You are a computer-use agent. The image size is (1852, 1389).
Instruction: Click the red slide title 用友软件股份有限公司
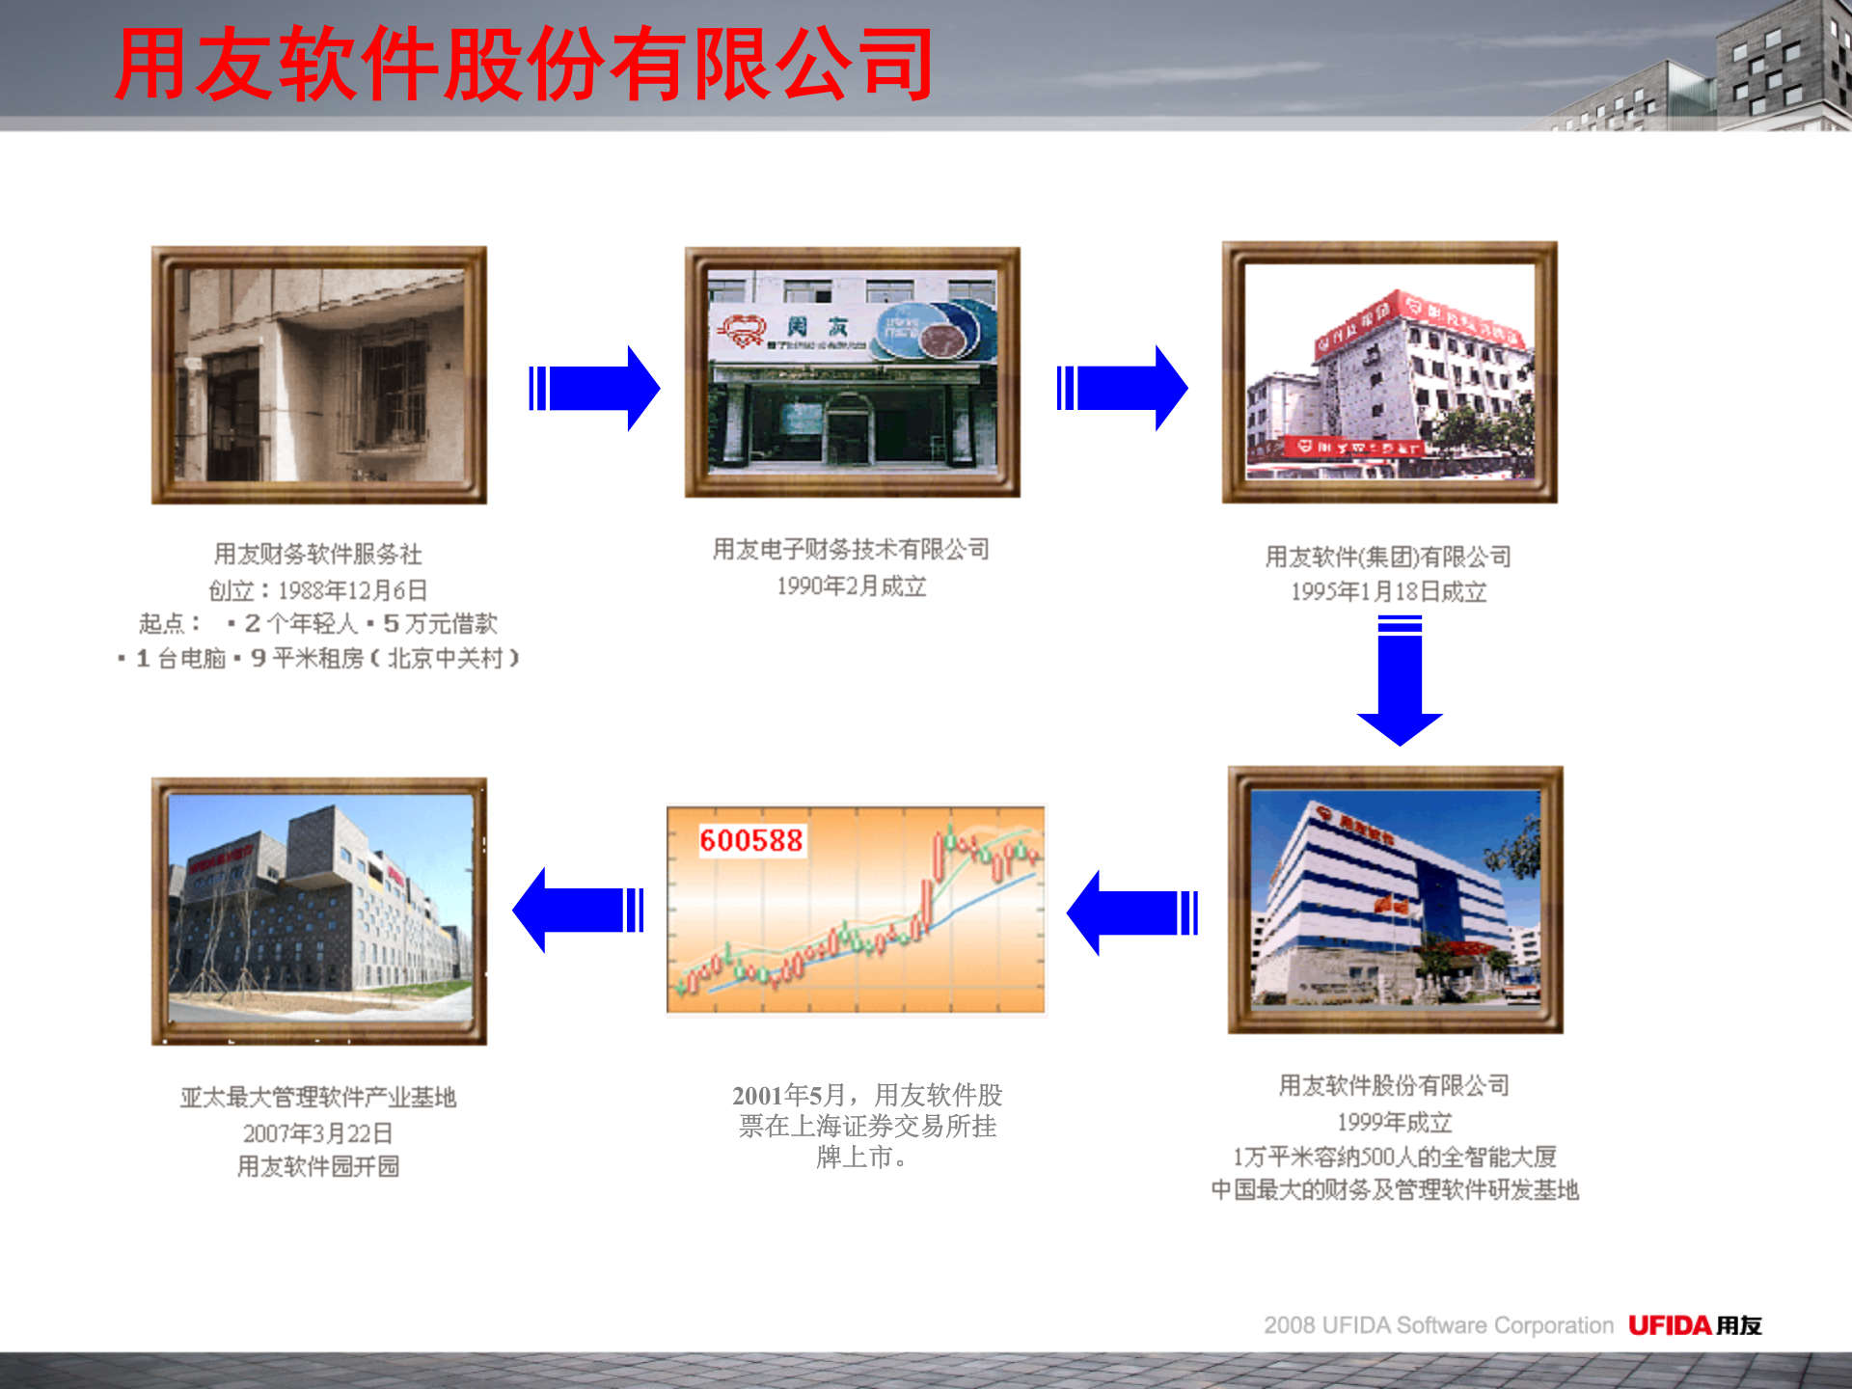(524, 66)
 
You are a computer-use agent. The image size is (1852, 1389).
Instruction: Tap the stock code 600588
(750, 840)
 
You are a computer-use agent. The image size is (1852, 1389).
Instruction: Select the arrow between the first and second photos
(594, 388)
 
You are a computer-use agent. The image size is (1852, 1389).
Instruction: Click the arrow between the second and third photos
(1122, 388)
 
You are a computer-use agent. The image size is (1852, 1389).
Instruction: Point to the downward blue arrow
(1400, 681)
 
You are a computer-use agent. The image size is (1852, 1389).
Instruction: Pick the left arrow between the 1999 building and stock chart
(1132, 912)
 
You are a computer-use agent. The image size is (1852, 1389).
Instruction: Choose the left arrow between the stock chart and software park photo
(578, 910)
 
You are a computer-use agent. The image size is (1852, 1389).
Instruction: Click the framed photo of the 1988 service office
(319, 375)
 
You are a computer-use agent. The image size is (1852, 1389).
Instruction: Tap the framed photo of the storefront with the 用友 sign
(852, 372)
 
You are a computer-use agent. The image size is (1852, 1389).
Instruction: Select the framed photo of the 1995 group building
(1389, 372)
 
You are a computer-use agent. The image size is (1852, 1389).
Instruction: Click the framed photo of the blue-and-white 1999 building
(1395, 899)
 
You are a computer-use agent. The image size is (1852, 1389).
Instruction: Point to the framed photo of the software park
(319, 911)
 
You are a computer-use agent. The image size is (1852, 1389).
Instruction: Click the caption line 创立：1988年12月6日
(318, 589)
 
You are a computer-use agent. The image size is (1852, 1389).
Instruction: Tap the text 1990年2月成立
(851, 586)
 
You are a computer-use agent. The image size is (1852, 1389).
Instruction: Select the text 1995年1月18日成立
(1388, 591)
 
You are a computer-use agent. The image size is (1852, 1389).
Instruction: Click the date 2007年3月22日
(317, 1132)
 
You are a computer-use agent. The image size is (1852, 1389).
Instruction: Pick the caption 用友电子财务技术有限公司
(851, 550)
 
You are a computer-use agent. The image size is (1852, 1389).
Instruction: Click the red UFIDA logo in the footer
(1670, 1325)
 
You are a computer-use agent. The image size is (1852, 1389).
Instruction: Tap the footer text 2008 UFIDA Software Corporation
(1438, 1325)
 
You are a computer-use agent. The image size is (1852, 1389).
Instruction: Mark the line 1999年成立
(1394, 1122)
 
